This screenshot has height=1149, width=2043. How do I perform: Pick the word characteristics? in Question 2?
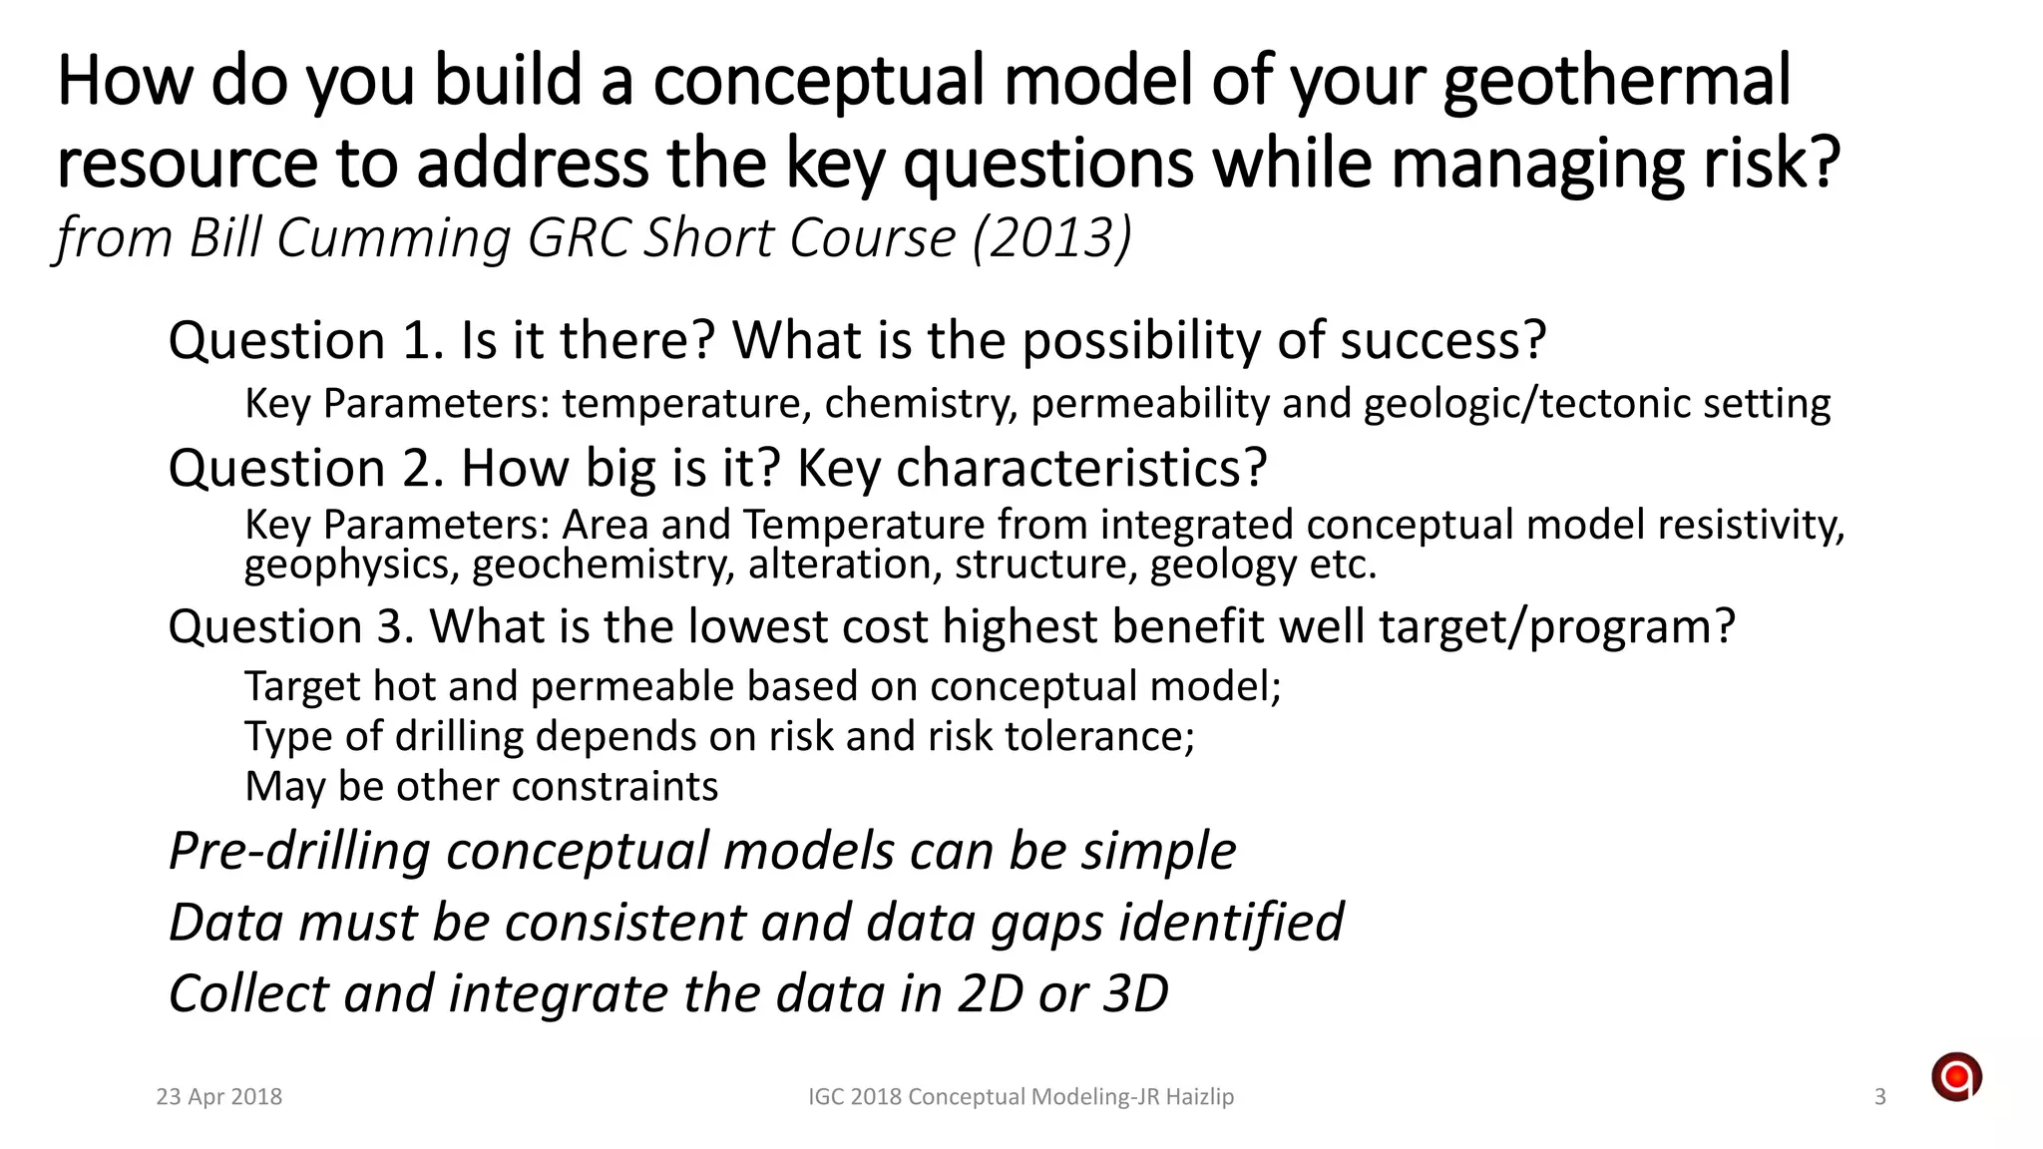point(1081,468)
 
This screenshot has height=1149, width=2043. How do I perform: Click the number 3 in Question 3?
point(392,627)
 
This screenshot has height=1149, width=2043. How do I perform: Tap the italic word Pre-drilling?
point(299,852)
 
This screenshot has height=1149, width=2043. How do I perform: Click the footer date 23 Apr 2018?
point(219,1097)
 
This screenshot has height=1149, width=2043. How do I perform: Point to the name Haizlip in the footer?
point(1200,1097)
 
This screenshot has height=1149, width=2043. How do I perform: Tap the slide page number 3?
point(1880,1097)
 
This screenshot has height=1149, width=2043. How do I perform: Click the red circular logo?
point(1956,1077)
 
